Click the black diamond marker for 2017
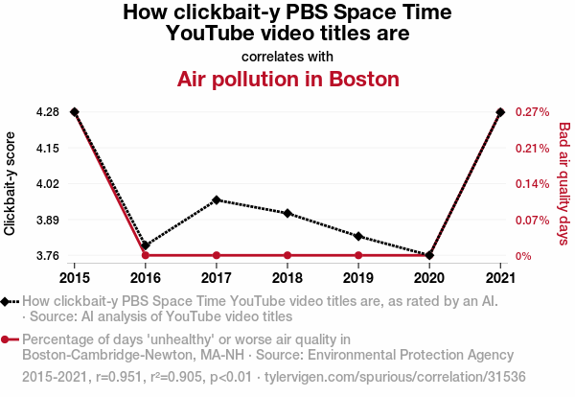(x=217, y=200)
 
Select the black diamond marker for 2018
(x=287, y=213)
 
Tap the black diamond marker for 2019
(x=358, y=236)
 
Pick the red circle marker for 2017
(x=217, y=255)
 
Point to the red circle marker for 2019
(x=358, y=255)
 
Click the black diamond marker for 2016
(x=146, y=246)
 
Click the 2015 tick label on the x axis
(x=75, y=278)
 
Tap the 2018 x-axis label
(x=287, y=278)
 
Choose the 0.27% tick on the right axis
(x=532, y=112)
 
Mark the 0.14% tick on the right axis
(x=532, y=184)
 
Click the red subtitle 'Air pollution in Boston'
(x=287, y=79)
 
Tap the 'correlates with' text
(x=287, y=56)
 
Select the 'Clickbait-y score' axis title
(x=11, y=183)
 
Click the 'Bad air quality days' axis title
(x=564, y=183)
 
